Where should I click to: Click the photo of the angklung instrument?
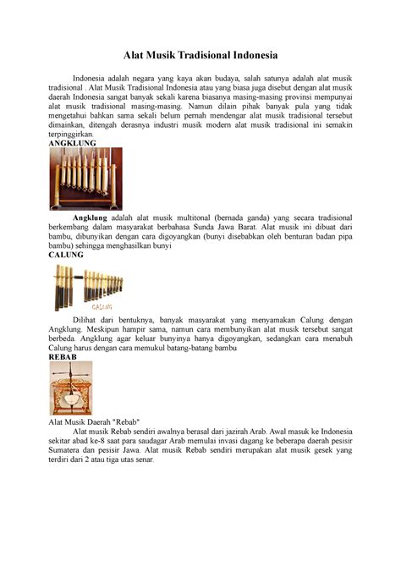click(86, 179)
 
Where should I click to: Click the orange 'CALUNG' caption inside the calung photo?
click(102, 307)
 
